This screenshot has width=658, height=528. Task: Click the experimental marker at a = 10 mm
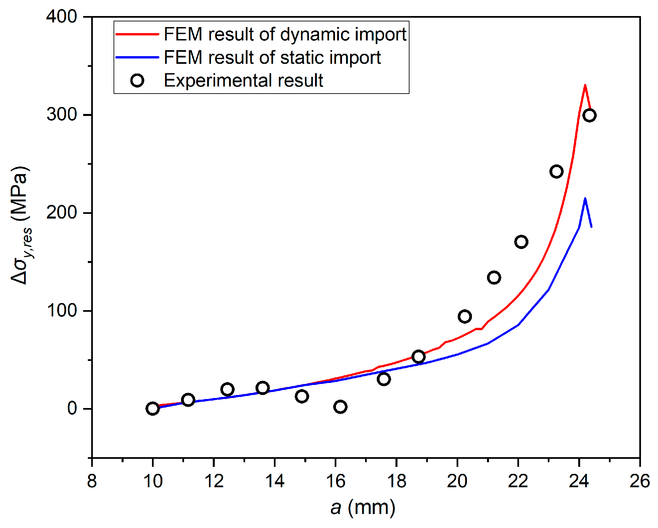pyautogui.click(x=153, y=408)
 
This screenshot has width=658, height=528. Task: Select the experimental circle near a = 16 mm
pyautogui.click(x=340, y=407)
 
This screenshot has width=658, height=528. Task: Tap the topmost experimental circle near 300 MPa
pyautogui.click(x=589, y=115)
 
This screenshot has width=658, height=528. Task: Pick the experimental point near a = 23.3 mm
pyautogui.click(x=556, y=171)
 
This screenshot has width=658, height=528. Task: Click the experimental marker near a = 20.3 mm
pyautogui.click(x=465, y=316)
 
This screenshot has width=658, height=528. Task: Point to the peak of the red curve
pyautogui.click(x=585, y=85)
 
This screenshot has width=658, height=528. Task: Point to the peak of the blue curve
pyautogui.click(x=585, y=199)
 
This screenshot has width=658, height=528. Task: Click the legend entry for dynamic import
pyautogui.click(x=285, y=34)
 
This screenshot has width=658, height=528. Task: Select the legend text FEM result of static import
pyautogui.click(x=272, y=57)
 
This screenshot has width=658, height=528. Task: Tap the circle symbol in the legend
pyautogui.click(x=137, y=81)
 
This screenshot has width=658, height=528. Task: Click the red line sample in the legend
pyautogui.click(x=137, y=34)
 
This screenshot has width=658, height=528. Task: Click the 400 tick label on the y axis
pyautogui.click(x=62, y=16)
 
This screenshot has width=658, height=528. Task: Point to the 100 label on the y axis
pyautogui.click(x=62, y=311)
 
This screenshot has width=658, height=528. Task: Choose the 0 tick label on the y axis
pyautogui.click(x=72, y=408)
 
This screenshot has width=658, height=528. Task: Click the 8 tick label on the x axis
pyautogui.click(x=92, y=482)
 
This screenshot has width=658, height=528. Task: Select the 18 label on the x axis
pyautogui.click(x=396, y=482)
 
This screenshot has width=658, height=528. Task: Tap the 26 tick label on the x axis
pyautogui.click(x=639, y=482)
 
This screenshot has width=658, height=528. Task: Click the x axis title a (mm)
pyautogui.click(x=363, y=508)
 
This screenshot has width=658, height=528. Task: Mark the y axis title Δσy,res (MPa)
pyautogui.click(x=21, y=226)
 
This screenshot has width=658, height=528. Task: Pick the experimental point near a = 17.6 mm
pyautogui.click(x=384, y=379)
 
